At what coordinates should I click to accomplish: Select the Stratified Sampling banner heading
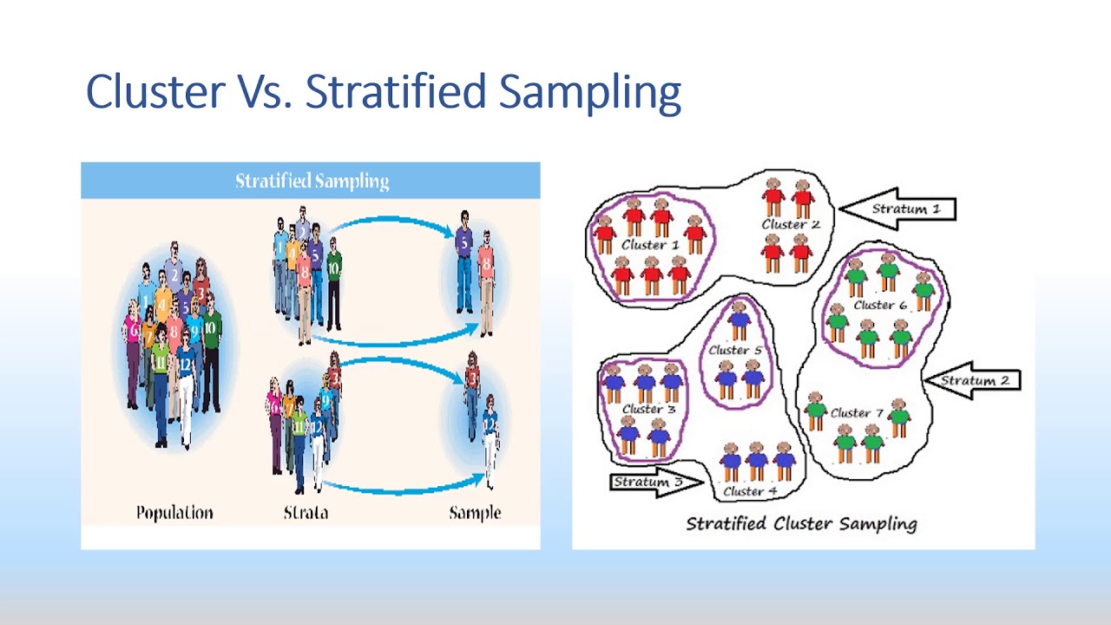[312, 181]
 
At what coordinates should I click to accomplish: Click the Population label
[174, 512]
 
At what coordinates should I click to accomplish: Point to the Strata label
[306, 512]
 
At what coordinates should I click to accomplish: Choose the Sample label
[475, 512]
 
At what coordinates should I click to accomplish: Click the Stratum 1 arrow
[898, 209]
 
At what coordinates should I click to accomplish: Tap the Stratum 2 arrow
[972, 380]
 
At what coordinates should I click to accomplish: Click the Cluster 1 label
[649, 245]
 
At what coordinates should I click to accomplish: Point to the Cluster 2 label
[790, 224]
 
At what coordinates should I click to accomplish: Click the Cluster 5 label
[734, 350]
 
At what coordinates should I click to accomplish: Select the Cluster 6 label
[879, 305]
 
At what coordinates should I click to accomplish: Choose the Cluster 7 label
[857, 412]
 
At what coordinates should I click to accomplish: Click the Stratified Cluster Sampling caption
[801, 523]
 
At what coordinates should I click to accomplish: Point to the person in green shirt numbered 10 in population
[210, 347]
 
